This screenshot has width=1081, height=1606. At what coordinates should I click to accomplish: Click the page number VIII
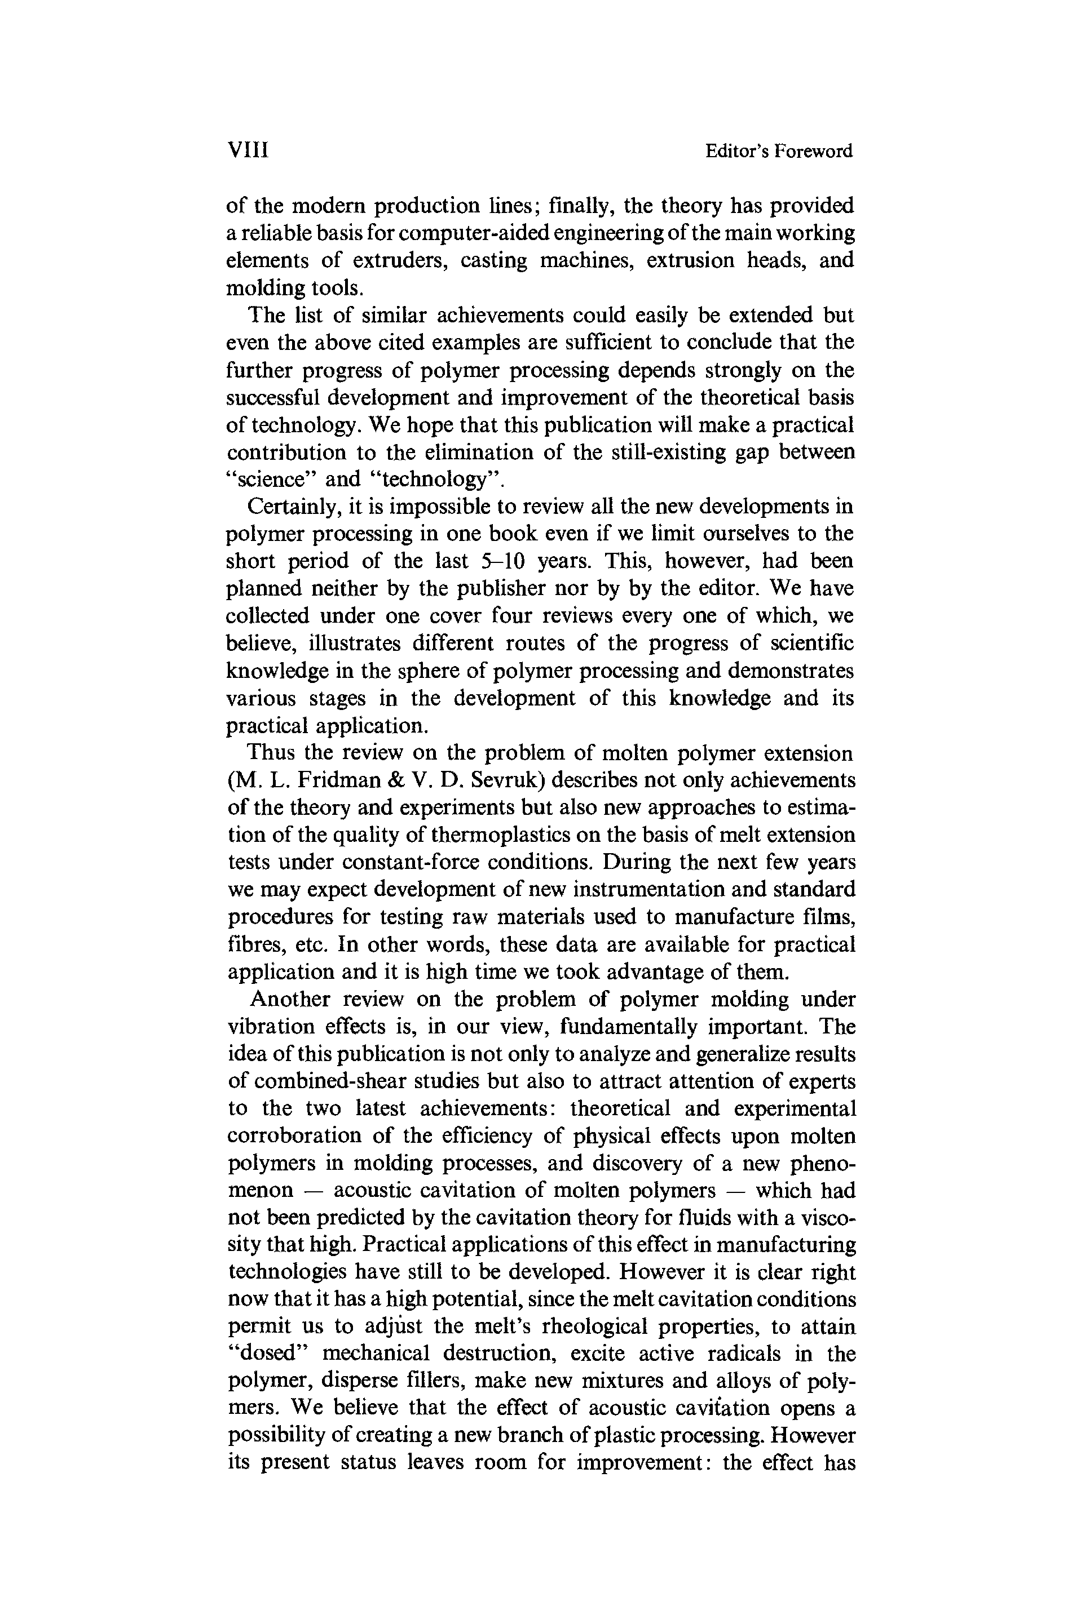click(248, 150)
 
